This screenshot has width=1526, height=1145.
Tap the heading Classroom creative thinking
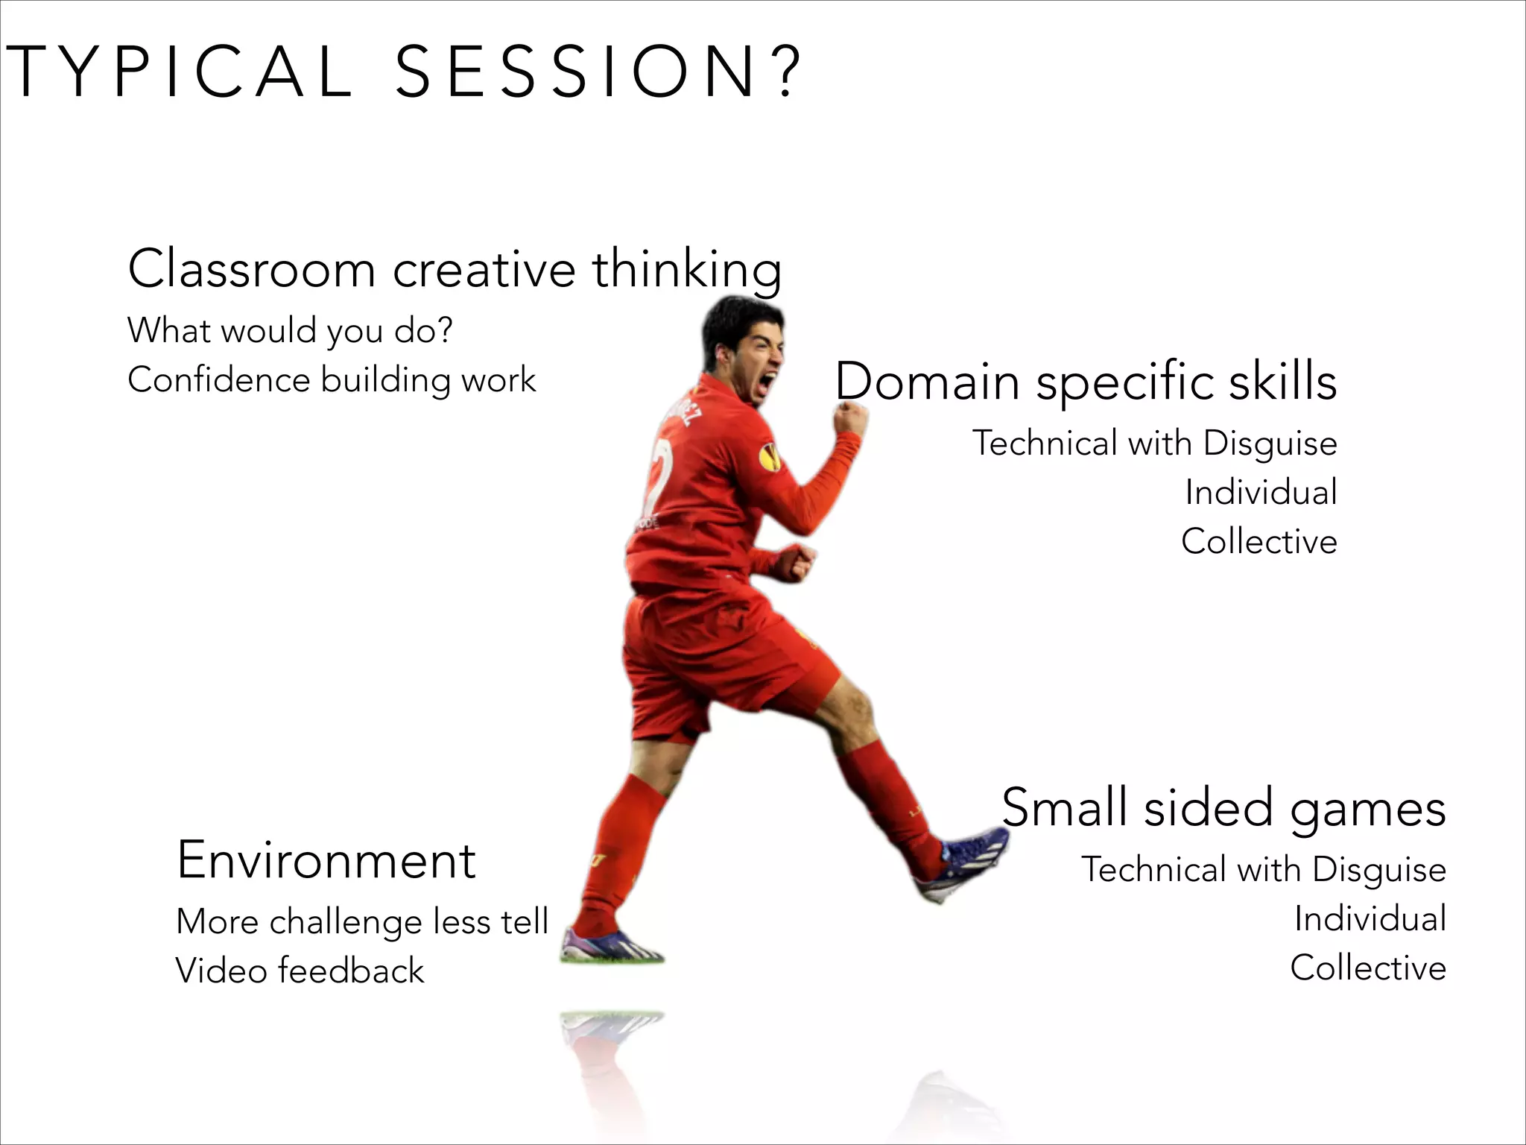(x=455, y=269)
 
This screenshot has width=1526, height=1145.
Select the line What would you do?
(x=290, y=330)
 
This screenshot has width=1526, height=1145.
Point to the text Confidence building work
(x=332, y=380)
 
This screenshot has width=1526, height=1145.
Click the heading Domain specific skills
(x=1086, y=382)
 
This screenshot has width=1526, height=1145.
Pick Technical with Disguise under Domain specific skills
(x=1154, y=443)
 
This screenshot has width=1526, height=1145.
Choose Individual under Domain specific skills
(x=1261, y=492)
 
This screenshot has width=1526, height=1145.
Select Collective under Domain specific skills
(x=1259, y=541)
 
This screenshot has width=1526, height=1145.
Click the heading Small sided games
(x=1223, y=808)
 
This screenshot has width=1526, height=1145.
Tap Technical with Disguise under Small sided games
(x=1263, y=869)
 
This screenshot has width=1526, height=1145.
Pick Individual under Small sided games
(x=1370, y=918)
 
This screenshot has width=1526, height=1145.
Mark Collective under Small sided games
(x=1367, y=968)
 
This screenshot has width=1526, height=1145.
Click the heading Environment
(x=326, y=860)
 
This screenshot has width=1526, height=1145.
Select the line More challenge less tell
(x=362, y=922)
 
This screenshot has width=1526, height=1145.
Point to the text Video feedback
(x=300, y=971)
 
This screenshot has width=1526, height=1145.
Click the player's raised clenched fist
(x=849, y=418)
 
